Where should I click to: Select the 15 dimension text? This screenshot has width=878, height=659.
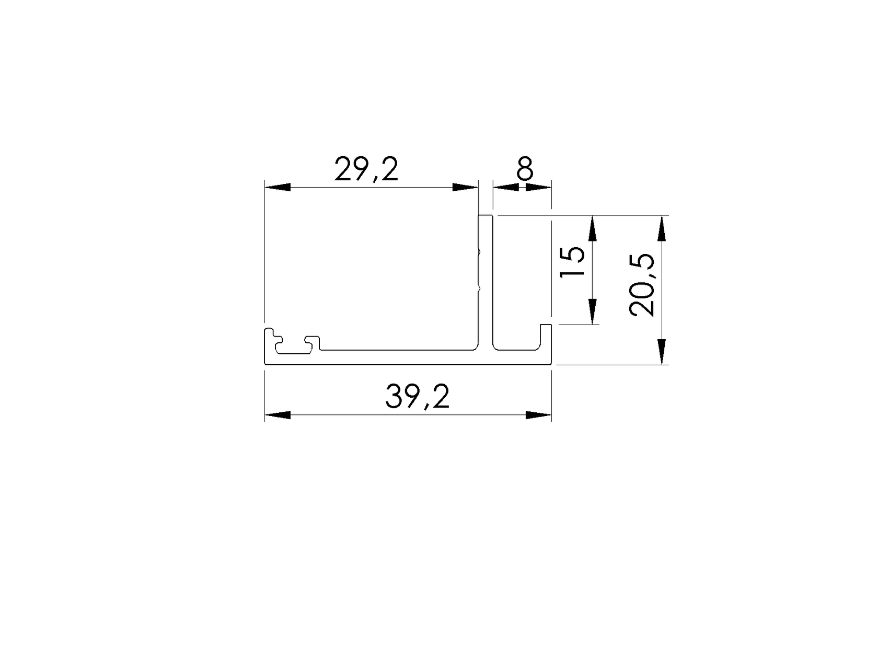(x=572, y=262)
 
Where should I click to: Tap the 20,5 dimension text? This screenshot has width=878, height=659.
(x=642, y=285)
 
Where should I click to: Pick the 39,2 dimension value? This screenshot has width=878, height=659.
(x=417, y=397)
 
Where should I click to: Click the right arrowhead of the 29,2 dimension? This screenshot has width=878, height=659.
(x=465, y=187)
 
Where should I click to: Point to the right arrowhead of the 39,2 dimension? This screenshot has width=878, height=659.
(x=538, y=415)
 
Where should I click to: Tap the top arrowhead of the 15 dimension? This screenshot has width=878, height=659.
(x=592, y=228)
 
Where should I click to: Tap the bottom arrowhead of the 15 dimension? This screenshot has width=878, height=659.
(x=592, y=311)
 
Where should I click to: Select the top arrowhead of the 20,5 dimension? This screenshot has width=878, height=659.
(x=662, y=228)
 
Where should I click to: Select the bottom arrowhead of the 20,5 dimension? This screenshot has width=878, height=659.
(x=662, y=351)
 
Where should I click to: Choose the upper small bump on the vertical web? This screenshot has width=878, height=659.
(x=479, y=252)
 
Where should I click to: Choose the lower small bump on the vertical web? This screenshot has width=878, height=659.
(x=479, y=287)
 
